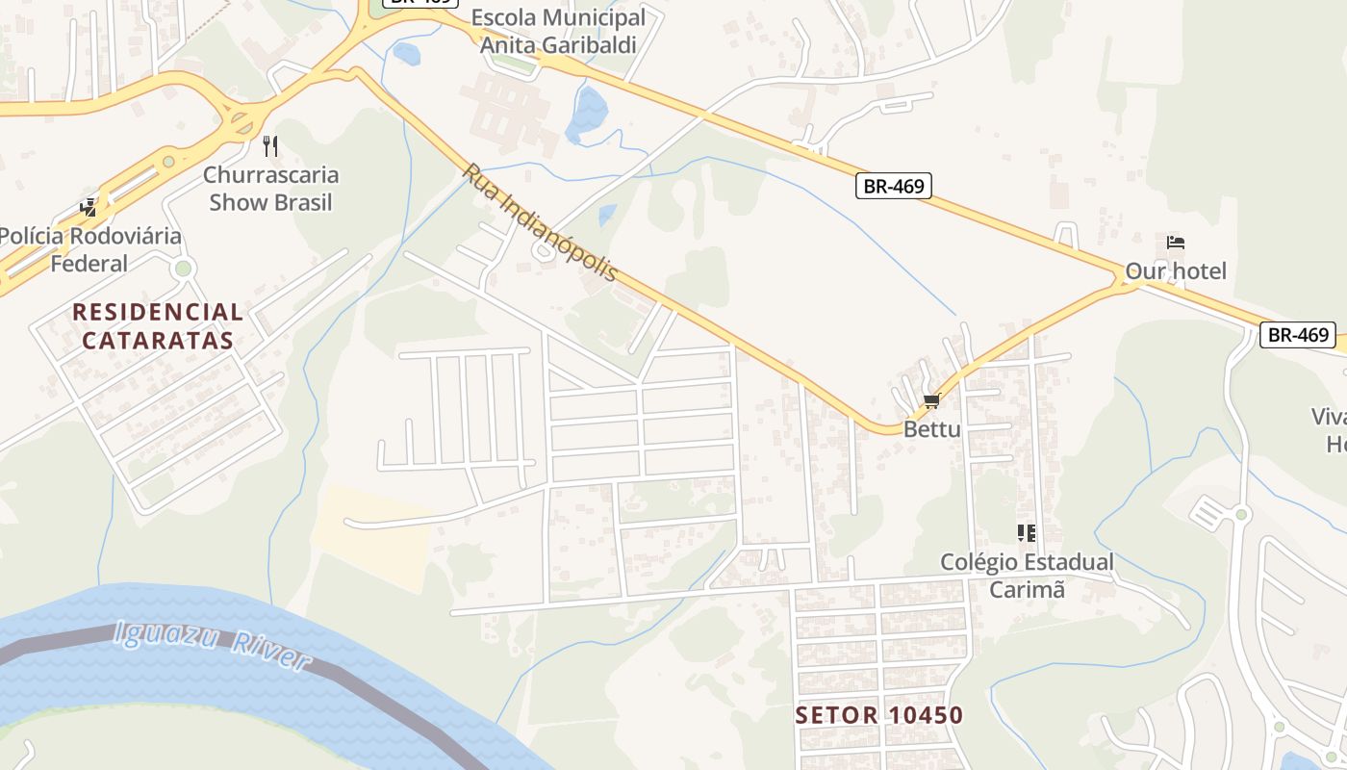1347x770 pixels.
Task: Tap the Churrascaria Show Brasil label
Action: [x=271, y=189]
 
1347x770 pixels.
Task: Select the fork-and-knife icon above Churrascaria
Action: [x=270, y=146]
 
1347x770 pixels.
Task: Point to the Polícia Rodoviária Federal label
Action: [x=89, y=249]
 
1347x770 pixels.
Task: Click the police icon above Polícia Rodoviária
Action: [x=89, y=207]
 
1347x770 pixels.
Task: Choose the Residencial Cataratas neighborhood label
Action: [x=158, y=325]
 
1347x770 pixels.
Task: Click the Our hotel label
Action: [x=1176, y=271]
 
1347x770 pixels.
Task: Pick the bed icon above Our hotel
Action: [x=1175, y=243]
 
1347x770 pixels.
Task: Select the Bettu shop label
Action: [x=931, y=429]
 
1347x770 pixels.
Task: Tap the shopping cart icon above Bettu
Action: [x=930, y=401]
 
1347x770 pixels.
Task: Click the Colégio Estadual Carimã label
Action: [x=1027, y=576]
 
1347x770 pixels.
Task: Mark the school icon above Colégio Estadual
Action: [x=1027, y=532]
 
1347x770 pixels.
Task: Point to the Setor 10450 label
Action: [x=879, y=715]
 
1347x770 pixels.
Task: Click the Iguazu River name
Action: [x=212, y=647]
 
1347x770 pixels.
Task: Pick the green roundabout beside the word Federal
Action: [x=184, y=268]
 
